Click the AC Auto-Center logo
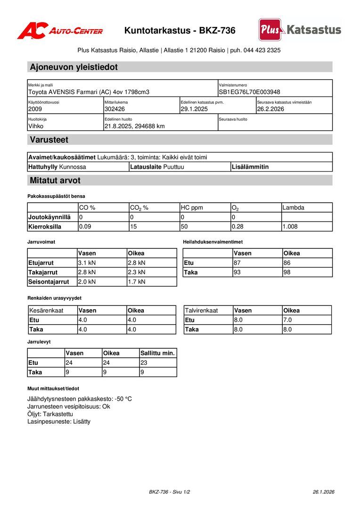tap(60, 31)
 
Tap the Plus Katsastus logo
tap(300, 30)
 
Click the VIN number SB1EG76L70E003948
tap(249, 92)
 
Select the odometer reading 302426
tap(115, 109)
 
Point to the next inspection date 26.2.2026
tap(270, 109)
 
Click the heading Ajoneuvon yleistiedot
tap(74, 67)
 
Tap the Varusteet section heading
tap(49, 140)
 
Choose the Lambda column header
tap(293, 207)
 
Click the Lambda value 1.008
tap(290, 226)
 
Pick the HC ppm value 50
tap(184, 226)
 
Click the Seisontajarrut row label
tap(49, 282)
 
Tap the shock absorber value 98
tap(287, 272)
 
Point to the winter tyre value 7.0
tap(287, 320)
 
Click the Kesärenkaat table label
tap(46, 311)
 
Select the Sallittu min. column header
tap(157, 353)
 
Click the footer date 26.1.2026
tap(323, 492)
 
